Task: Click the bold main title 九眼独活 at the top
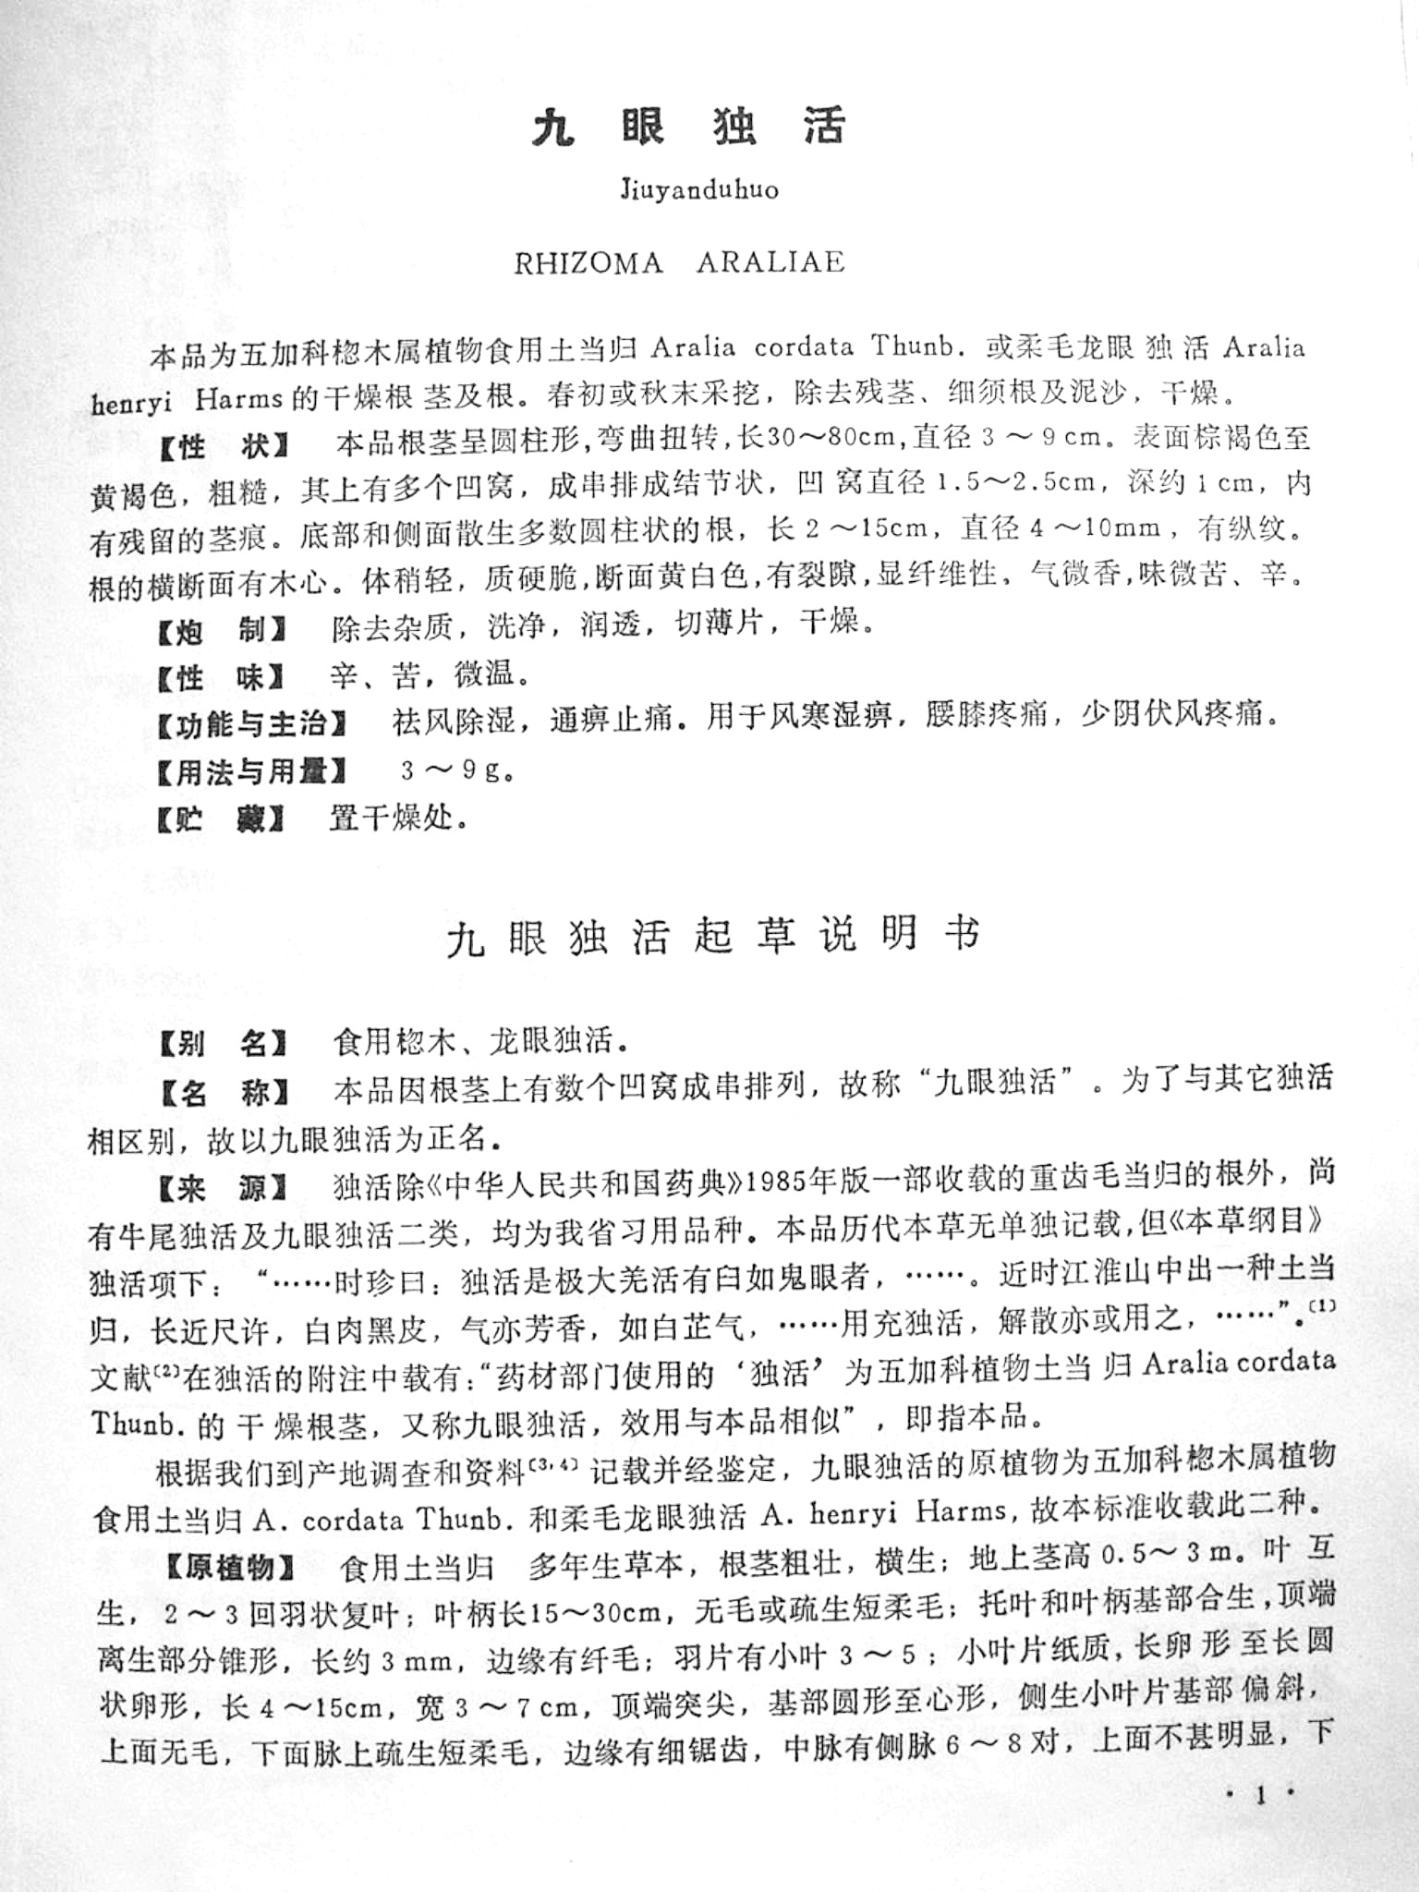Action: coord(688,127)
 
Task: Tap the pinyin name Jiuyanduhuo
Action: coord(699,191)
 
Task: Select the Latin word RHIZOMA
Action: coord(588,263)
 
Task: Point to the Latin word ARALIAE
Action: coord(770,262)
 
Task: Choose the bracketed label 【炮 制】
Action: coord(220,632)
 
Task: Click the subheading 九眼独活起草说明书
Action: coord(712,938)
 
